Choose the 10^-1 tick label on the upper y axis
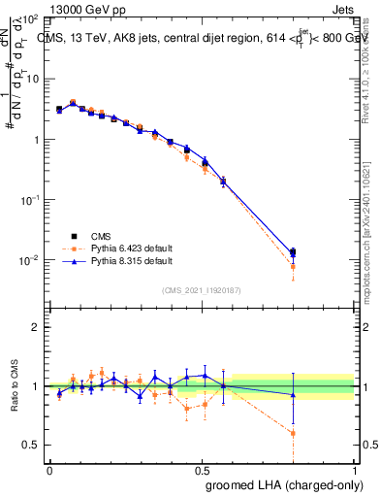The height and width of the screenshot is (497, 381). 28,199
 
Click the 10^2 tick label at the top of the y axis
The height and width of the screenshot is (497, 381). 29,19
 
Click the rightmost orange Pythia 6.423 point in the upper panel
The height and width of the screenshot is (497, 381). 293,266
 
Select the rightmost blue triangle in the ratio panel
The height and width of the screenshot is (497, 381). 293,394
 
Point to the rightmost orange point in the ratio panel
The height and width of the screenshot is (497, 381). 293,433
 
